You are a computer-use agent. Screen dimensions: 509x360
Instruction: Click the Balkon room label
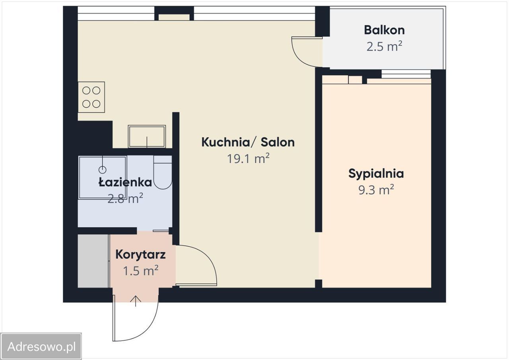(x=384, y=30)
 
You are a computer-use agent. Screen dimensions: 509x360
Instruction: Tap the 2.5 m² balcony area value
(x=384, y=47)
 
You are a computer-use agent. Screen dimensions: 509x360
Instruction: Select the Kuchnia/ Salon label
(x=248, y=142)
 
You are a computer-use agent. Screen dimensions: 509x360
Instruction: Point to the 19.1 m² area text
(x=248, y=158)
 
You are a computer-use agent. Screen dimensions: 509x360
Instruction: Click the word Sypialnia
(x=376, y=174)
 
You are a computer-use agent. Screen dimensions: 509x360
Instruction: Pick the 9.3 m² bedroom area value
(x=376, y=190)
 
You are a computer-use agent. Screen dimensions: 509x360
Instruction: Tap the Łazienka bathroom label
(x=125, y=183)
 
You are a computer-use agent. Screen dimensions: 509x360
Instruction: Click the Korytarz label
(x=140, y=255)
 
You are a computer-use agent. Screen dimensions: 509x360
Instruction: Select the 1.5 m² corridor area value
(x=140, y=270)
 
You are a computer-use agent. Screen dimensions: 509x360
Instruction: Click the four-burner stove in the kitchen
(x=91, y=97)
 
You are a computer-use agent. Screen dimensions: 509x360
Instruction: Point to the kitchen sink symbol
(x=147, y=136)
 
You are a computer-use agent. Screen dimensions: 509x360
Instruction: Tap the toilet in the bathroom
(x=163, y=172)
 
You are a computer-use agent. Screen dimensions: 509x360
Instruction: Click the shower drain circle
(x=103, y=169)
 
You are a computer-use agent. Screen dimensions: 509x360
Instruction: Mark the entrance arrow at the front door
(x=136, y=301)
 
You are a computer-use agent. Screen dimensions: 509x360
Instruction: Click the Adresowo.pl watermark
(x=41, y=347)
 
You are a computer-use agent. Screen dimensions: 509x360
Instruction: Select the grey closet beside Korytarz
(x=93, y=261)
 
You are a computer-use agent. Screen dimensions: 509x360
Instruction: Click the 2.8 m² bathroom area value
(x=125, y=198)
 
